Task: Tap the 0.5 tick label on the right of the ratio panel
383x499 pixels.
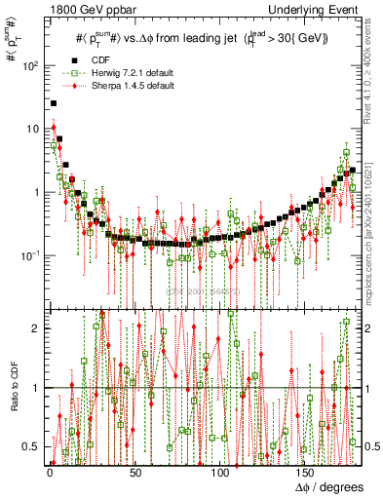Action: click(x=369, y=446)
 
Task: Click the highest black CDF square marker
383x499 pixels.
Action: click(x=54, y=102)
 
